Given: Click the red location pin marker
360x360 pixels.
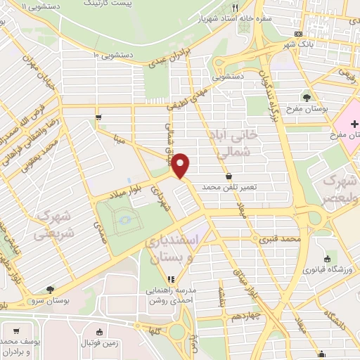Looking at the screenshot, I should tap(181, 165).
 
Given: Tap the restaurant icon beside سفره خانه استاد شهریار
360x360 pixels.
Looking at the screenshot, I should tap(234, 9).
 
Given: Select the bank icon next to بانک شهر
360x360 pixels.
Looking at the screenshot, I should tap(299, 34).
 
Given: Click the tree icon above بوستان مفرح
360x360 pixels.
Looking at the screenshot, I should tap(307, 97).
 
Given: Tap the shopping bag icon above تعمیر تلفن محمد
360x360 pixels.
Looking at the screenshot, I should tap(229, 176).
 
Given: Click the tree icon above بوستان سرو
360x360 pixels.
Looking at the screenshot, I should tap(49, 289).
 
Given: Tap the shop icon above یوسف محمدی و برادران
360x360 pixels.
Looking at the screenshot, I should tap(15, 330).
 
